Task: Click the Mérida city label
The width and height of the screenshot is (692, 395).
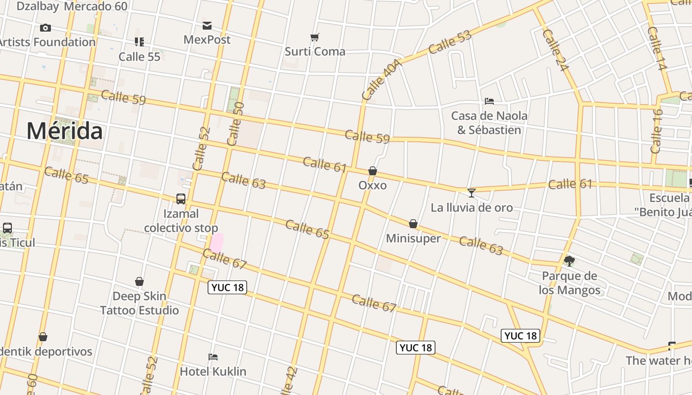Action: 65,131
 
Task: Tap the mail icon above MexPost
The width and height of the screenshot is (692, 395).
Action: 207,25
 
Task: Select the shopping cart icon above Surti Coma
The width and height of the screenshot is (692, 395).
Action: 315,37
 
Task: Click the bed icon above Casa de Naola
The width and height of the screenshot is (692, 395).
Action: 489,101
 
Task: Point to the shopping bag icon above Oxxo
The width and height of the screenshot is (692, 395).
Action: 373,171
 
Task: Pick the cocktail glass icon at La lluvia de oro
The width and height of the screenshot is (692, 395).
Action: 472,193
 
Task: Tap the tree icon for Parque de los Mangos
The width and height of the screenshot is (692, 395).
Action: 569,261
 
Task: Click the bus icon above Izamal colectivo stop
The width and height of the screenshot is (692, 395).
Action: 181,199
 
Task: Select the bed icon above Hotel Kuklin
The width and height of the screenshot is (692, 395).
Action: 213,356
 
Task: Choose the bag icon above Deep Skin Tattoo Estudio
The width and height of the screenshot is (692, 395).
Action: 139,281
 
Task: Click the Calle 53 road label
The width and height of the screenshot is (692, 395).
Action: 450,42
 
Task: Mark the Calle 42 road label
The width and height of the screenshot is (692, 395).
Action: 289,381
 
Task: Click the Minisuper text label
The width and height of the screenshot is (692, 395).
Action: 413,238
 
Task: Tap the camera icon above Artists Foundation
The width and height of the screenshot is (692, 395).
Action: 45,28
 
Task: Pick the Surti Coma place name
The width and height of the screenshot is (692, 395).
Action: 315,51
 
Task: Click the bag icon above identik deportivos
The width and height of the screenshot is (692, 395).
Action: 43,337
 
